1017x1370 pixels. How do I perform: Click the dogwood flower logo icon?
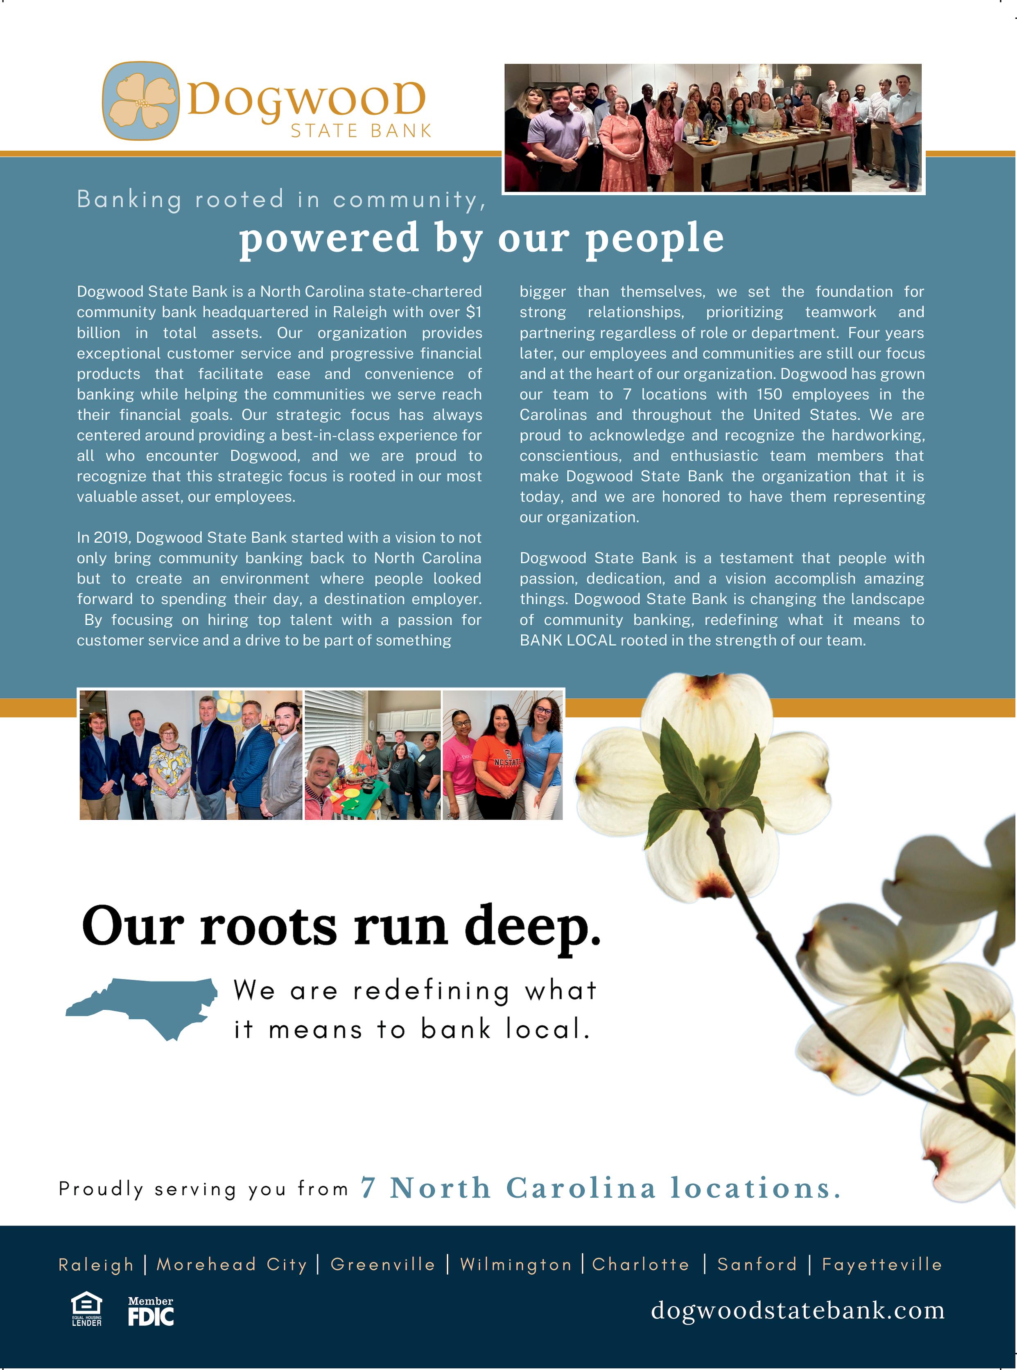[x=141, y=100]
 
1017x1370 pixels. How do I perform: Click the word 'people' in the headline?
[x=654, y=238]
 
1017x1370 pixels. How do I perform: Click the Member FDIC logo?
[x=151, y=1311]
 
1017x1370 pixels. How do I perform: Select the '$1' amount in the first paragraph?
[x=473, y=312]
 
